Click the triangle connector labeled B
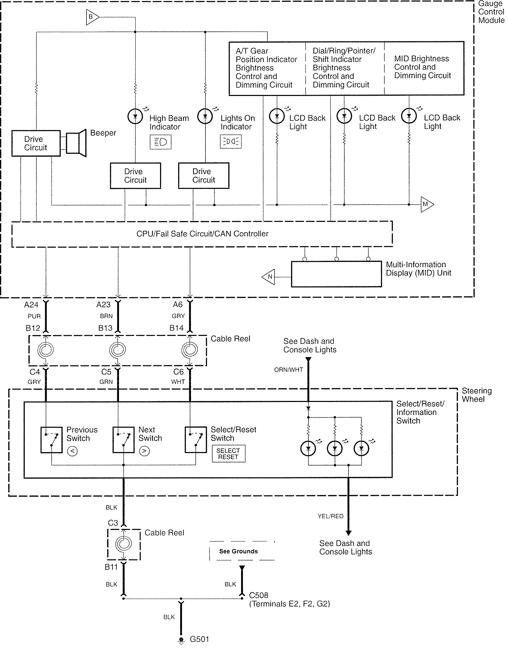point(92,17)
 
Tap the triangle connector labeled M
point(427,204)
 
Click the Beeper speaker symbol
point(76,143)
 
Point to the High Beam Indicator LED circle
point(135,116)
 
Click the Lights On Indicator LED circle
point(205,116)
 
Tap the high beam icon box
point(161,142)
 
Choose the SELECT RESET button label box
point(228,454)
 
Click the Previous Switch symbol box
point(51,440)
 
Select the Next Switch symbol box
point(123,440)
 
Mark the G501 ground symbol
point(181,640)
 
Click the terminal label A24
point(31,305)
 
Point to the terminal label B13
point(105,328)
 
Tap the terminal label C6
point(178,372)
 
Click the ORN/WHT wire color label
point(289,370)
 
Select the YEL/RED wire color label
point(330,516)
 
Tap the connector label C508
point(259,595)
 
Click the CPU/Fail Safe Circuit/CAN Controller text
point(202,234)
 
